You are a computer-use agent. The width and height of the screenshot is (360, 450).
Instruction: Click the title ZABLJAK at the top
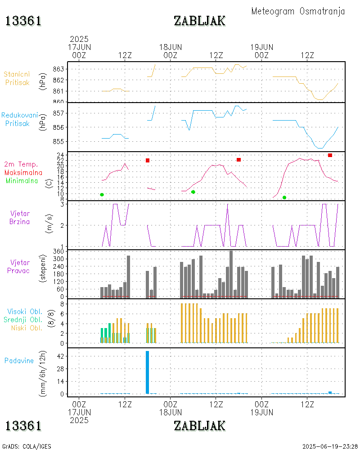(199, 21)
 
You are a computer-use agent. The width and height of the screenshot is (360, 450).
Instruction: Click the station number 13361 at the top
(23, 21)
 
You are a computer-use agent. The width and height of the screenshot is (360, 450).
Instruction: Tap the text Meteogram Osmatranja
(298, 11)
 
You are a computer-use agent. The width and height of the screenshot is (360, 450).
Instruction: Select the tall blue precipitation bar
(147, 372)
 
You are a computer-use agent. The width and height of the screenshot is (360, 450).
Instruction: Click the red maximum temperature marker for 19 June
(330, 155)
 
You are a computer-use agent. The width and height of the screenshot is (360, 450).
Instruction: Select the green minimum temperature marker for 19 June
(284, 198)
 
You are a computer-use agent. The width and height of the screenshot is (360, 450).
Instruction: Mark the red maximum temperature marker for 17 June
(147, 160)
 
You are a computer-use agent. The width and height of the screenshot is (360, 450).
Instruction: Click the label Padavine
(19, 360)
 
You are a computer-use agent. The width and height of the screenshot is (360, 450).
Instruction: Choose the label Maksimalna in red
(24, 172)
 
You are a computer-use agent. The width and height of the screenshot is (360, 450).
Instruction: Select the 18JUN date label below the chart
(171, 412)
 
